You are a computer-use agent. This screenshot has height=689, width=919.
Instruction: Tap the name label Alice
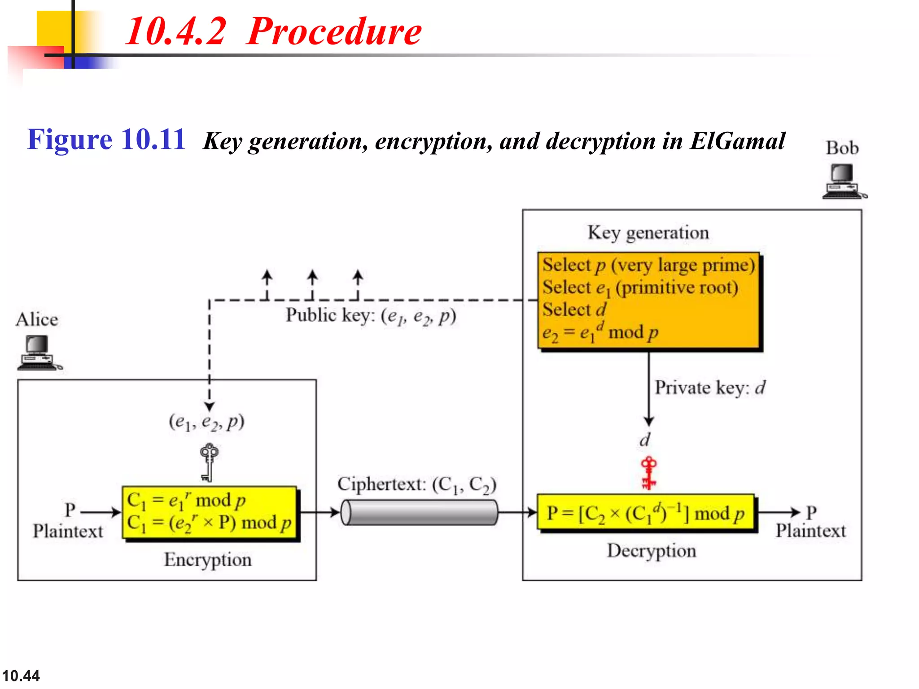37,320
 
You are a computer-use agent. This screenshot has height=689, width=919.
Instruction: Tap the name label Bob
842,148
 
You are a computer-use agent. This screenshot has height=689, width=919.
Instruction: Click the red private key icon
648,473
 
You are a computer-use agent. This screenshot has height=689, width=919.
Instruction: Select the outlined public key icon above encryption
209,462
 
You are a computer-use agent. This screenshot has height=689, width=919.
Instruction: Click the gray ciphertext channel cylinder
419,512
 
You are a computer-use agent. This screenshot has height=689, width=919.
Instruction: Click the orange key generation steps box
648,300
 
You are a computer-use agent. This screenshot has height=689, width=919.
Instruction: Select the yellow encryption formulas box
209,512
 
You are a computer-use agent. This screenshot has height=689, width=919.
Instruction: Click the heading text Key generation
648,233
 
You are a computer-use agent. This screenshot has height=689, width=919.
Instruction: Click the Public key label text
371,316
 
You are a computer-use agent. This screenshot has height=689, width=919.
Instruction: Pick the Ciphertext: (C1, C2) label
417,485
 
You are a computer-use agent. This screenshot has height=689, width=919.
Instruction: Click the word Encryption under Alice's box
208,559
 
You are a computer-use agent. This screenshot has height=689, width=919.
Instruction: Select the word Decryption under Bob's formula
652,551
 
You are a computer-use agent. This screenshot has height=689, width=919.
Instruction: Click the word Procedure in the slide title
334,31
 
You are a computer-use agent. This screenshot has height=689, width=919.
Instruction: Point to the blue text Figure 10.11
106,140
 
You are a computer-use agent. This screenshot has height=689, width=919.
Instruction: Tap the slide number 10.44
21,676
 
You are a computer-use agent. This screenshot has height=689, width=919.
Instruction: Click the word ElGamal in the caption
737,141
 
